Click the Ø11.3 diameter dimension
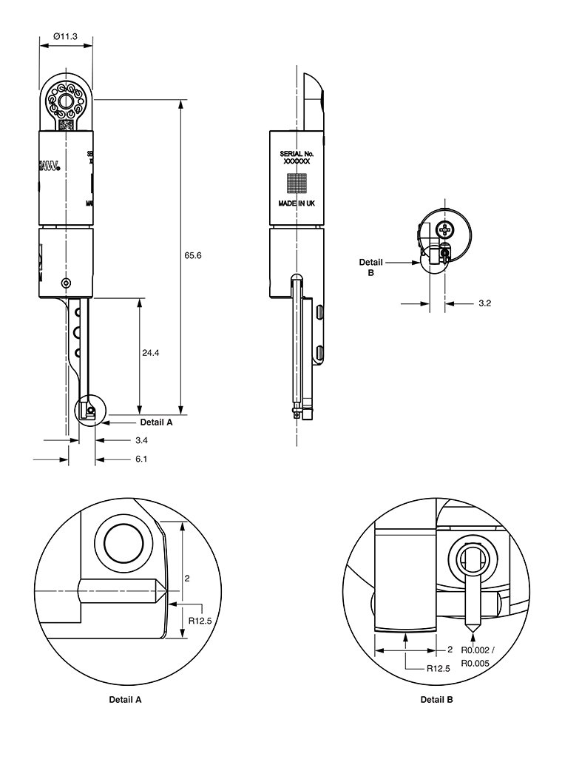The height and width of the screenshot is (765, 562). (67, 35)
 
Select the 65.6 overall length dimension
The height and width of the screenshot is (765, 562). (193, 255)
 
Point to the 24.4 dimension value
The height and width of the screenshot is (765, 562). (151, 354)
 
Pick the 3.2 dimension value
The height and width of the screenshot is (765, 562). (485, 303)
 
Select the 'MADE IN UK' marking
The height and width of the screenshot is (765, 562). (297, 203)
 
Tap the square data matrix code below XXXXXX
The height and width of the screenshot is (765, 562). (297, 181)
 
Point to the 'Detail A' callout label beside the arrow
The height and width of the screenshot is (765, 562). (156, 422)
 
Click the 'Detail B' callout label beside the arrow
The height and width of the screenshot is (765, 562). (371, 266)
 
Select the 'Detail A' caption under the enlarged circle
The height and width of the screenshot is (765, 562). (125, 699)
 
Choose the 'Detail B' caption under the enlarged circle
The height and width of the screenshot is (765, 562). (437, 699)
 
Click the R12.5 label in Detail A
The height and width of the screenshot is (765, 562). (200, 621)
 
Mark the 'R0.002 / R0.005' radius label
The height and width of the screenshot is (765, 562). (476, 656)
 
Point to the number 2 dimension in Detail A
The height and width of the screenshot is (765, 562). (187, 579)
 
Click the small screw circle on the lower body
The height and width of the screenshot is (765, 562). (67, 283)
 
